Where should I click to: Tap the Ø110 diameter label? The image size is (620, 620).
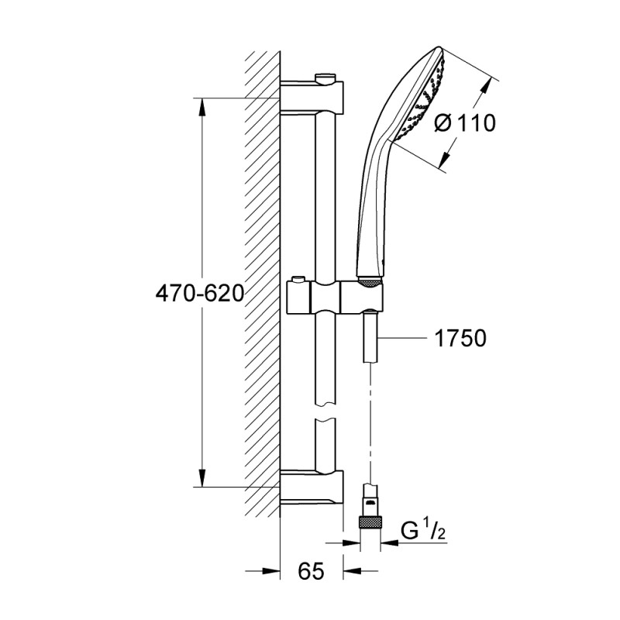click(464, 123)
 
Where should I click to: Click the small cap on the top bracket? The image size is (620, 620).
click(326, 76)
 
